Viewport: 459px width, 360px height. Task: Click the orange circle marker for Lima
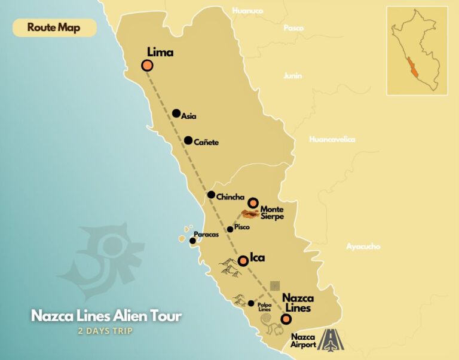tap(147, 66)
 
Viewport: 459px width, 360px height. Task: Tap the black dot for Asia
tap(176, 113)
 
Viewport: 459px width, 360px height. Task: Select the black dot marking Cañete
tap(188, 141)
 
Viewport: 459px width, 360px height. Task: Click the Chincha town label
tap(230, 197)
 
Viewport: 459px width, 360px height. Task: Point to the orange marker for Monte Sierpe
tap(253, 202)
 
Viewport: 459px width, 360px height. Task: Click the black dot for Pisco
tap(230, 229)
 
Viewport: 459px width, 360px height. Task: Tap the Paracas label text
tap(206, 235)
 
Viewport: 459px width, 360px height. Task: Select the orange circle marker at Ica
tap(243, 261)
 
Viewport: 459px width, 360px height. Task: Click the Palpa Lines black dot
tap(251, 303)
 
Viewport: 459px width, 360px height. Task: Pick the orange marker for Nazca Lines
tap(286, 319)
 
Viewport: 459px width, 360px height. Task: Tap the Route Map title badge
tap(54, 27)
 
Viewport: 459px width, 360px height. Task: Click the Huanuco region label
tap(247, 10)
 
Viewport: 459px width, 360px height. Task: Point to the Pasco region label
tap(293, 28)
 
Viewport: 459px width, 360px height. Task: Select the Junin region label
tap(293, 76)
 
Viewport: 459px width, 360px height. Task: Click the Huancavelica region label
tap(332, 139)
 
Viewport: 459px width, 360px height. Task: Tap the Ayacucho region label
tap(363, 246)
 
